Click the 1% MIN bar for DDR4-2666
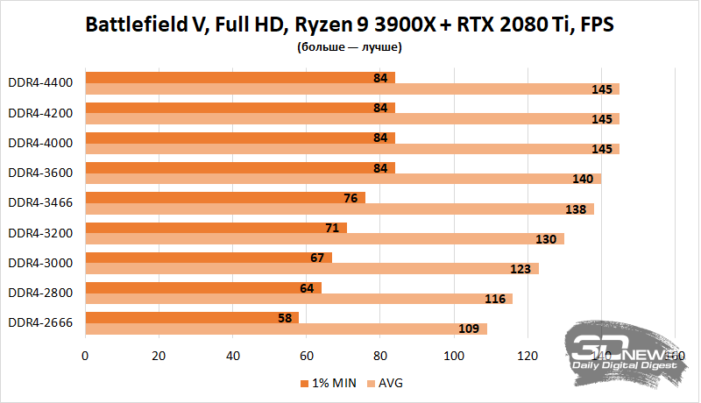(191, 317)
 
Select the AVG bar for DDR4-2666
(285, 329)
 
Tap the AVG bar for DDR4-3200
(324, 238)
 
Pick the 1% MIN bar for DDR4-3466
(224, 197)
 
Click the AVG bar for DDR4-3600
(343, 179)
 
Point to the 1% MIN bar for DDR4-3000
(208, 258)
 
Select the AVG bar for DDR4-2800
(298, 299)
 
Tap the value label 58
(284, 317)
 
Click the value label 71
(332, 228)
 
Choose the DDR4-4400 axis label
(40, 83)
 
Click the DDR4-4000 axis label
(40, 143)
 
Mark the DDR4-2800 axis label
(40, 292)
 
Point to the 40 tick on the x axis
(232, 356)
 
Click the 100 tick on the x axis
(453, 356)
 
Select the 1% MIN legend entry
(326, 384)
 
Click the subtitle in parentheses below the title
(350, 47)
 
